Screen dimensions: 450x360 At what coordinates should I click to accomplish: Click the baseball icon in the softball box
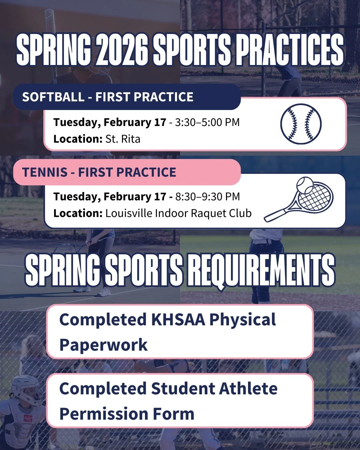pos(301,124)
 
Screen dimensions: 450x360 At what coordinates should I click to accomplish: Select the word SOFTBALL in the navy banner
pos(53,97)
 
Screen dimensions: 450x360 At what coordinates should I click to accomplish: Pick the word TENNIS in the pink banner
pos(45,172)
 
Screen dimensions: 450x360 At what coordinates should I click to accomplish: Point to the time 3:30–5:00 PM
pos(207,122)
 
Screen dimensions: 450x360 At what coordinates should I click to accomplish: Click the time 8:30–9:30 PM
pos(207,197)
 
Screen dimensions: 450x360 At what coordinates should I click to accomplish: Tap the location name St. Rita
pos(123,139)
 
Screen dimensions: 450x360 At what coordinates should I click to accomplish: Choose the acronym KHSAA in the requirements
pos(178,320)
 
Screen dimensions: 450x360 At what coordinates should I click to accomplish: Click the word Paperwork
pos(103,345)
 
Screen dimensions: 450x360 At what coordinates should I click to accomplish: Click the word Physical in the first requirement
pos(242,320)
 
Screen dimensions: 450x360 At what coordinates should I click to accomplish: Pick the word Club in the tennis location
pos(240,213)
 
